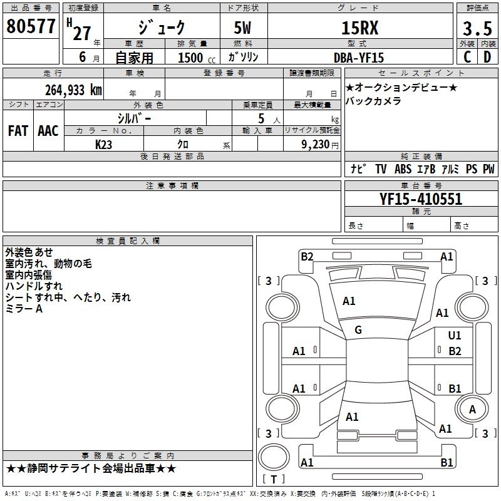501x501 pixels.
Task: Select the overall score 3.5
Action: point(477,28)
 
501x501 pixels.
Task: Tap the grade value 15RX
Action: point(359,28)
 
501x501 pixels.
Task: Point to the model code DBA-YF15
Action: point(359,57)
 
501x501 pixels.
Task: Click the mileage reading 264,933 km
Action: point(73,90)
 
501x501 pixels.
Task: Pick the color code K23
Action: point(104,144)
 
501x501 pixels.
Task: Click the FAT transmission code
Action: point(18,130)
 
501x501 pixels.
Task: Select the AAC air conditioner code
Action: point(48,130)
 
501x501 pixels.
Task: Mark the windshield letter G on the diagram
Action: point(358,330)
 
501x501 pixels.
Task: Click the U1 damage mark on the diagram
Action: point(455,336)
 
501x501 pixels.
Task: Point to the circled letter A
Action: point(473,409)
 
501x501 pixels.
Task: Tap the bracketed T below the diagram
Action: point(273,479)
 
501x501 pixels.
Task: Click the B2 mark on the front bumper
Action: point(307,256)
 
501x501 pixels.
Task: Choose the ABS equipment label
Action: point(403,170)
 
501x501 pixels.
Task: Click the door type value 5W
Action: point(244,28)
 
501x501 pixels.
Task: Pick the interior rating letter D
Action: point(487,57)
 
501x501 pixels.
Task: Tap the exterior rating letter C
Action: point(467,57)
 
